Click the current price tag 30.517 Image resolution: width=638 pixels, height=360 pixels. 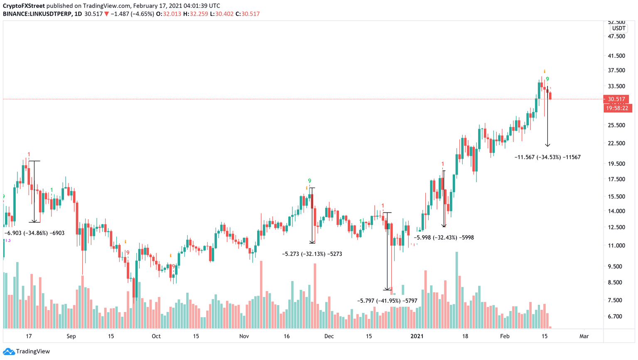[616, 99]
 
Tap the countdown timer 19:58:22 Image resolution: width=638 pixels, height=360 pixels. [617, 108]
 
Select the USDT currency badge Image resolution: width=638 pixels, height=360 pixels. [618, 28]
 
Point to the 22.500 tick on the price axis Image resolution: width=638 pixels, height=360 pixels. [616, 143]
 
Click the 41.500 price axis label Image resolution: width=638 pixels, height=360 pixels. [616, 56]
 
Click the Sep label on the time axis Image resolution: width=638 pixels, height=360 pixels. [71, 336]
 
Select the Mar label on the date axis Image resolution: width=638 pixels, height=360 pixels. [584, 336]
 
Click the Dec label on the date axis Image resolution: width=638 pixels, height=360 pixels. [329, 336]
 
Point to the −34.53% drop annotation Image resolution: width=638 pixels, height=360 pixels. [547, 157]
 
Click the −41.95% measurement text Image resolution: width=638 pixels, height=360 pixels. [387, 301]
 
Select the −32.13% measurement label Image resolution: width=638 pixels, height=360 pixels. [312, 254]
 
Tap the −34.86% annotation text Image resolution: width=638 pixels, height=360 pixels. [34, 233]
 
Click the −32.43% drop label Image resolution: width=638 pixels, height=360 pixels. [444, 238]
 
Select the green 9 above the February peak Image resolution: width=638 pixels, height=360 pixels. [547, 79]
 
